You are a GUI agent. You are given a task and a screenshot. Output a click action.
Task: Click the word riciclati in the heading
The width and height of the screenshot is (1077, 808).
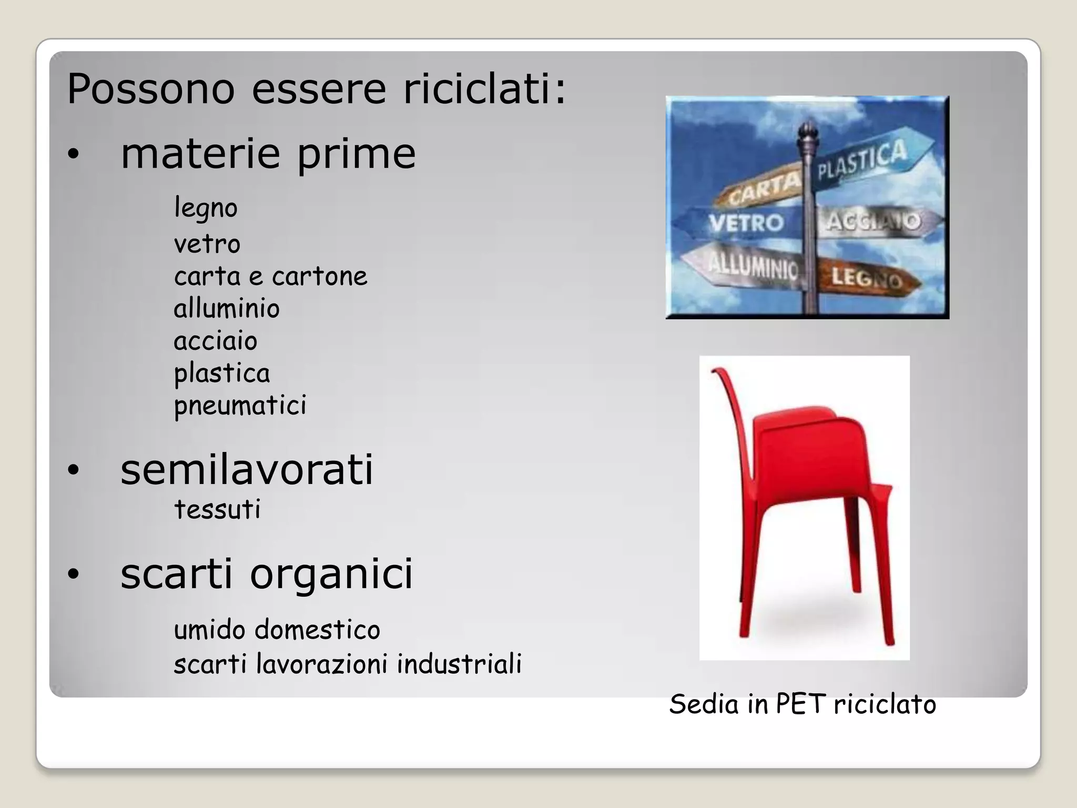484,89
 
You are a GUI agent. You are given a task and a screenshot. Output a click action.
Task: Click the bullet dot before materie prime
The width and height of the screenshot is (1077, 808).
73,154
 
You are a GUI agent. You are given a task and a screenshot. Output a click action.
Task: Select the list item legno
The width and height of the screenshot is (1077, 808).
206,208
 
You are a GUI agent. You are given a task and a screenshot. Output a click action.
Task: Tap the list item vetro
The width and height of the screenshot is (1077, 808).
207,244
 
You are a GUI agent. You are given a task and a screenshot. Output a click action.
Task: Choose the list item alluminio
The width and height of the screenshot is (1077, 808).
227,308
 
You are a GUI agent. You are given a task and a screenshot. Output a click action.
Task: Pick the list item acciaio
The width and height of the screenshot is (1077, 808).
216,341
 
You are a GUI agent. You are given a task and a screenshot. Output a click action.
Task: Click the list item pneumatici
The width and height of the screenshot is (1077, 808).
240,406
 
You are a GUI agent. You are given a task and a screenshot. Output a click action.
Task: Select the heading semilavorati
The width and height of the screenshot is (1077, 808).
247,469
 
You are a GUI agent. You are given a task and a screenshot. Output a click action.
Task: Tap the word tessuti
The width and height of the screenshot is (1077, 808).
217,509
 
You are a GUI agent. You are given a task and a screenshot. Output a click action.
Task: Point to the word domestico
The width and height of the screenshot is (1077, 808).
317,630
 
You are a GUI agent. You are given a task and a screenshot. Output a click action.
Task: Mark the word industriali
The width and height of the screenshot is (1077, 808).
459,663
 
